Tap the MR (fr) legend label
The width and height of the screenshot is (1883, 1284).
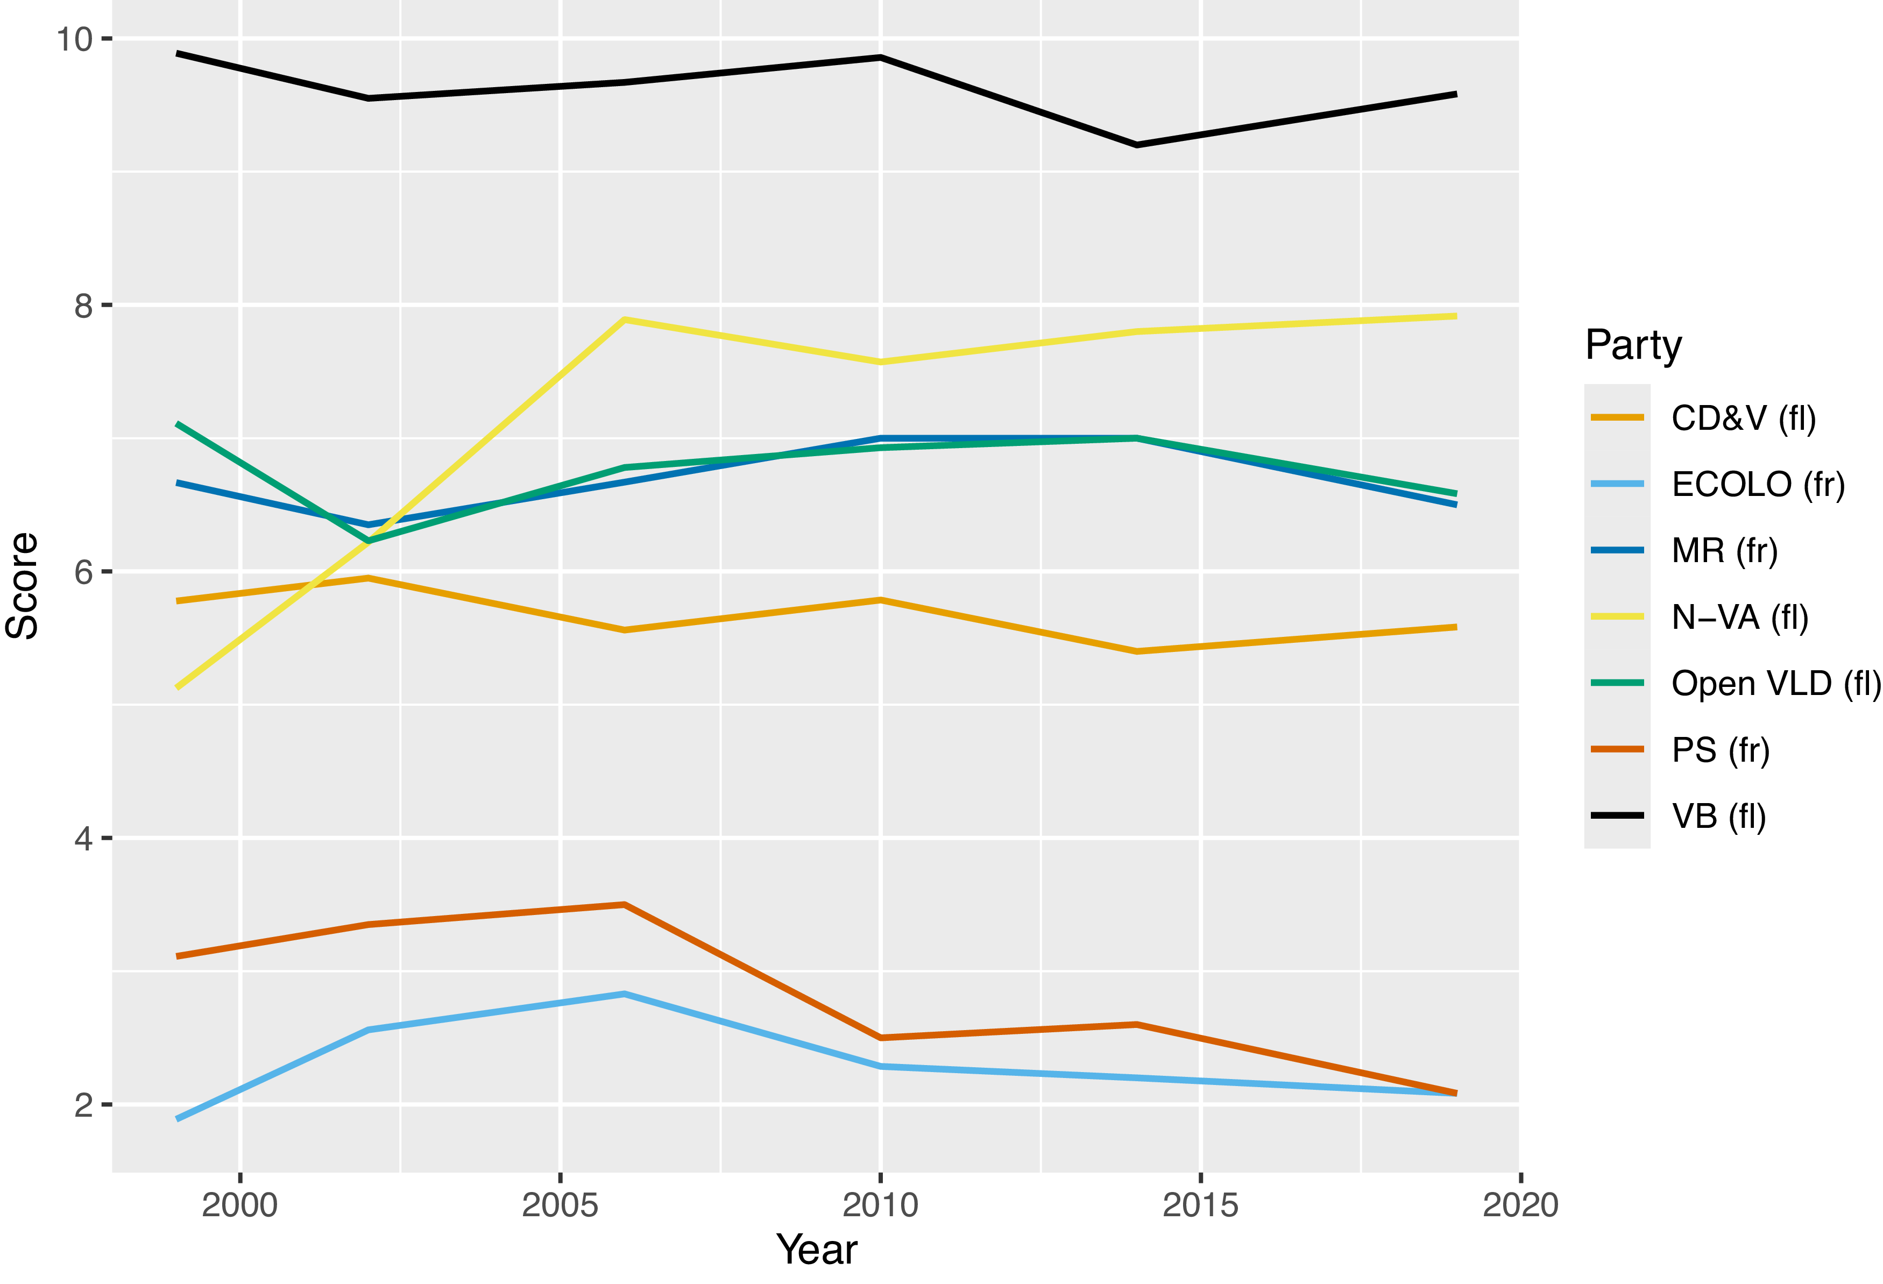coord(1725,551)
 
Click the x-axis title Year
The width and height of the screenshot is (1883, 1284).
coord(817,1249)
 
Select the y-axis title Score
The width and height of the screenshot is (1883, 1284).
coord(23,586)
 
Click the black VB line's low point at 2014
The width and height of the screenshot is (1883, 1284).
coord(1137,145)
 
